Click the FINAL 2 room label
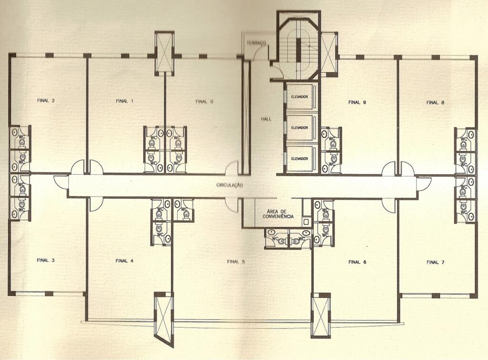coord(46,100)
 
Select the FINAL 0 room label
coord(204,101)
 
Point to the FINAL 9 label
coord(357,102)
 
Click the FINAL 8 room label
coord(435,102)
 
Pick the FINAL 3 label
coord(45,260)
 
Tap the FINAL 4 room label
coord(124,261)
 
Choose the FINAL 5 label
coord(235,261)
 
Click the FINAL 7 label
coord(435,262)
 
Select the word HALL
coord(266,119)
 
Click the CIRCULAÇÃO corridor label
coord(229,185)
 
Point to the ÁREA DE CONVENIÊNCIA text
coord(278,214)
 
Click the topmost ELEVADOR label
coord(299,97)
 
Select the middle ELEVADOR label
coord(299,128)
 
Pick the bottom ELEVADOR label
coord(299,159)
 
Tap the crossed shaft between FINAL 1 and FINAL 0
coord(164,53)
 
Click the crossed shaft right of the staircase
coord(329,54)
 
